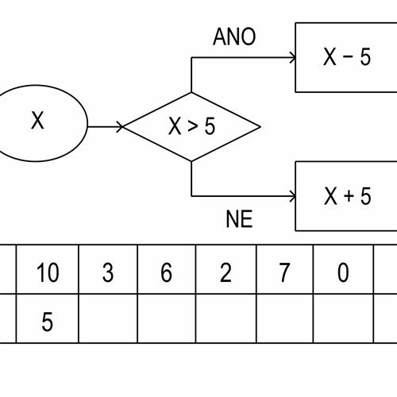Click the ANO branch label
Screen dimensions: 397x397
[234, 37]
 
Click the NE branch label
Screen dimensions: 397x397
[239, 219]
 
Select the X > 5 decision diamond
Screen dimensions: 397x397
[191, 127]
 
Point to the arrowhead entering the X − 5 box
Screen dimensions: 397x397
[293, 58]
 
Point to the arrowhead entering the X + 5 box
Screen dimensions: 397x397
[293, 196]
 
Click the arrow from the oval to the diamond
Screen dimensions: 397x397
[106, 127]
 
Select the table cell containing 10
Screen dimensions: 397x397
[48, 269]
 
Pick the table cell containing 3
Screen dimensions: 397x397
[108, 269]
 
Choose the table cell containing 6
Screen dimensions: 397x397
[167, 269]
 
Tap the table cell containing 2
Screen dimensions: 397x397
[226, 269]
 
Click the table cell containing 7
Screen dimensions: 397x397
[285, 269]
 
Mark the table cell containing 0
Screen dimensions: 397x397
[344, 269]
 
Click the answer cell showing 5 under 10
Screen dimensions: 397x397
[48, 318]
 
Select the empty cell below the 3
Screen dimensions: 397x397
[108, 318]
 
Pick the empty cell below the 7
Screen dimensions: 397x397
[285, 318]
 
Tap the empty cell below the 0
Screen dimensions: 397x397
[344, 318]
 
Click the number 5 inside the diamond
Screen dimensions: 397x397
[210, 126]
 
